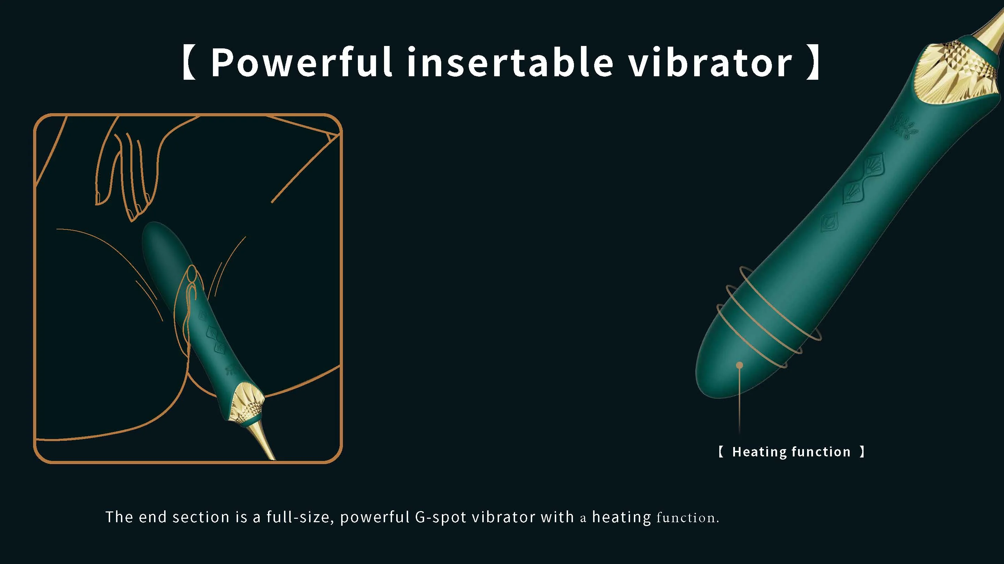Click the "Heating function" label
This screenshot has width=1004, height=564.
pos(791,452)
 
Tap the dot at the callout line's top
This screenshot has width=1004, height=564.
pos(739,365)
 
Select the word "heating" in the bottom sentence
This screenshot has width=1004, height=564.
pos(621,517)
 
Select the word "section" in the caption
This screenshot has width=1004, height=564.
pos(201,517)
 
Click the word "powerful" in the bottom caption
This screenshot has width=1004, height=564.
pos(375,517)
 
